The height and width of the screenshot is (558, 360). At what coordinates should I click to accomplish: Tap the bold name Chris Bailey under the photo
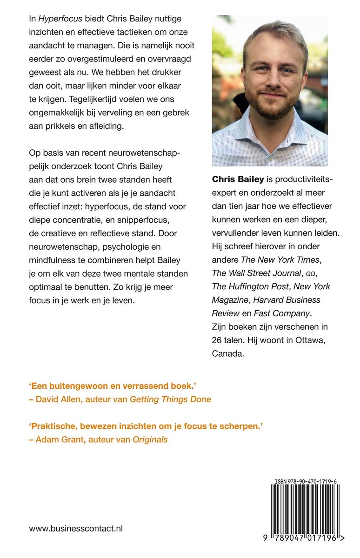[238, 179]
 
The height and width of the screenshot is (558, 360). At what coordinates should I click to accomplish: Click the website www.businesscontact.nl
[76, 528]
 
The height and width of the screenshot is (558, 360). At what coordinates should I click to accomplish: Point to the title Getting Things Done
[170, 399]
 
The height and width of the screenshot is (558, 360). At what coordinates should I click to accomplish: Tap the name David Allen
[58, 399]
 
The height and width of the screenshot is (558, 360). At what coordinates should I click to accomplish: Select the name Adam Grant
[58, 439]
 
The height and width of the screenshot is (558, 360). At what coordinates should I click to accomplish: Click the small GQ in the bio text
[314, 273]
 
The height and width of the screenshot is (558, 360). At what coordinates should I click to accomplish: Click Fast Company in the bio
[281, 313]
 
